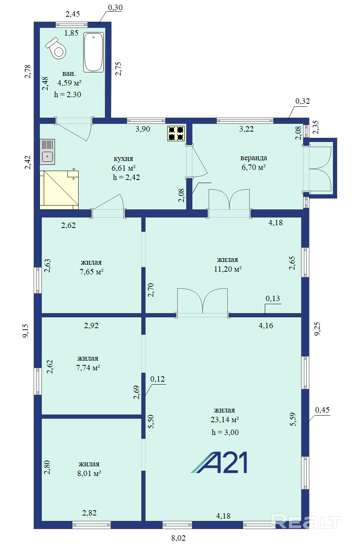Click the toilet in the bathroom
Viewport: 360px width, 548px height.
click(x=56, y=48)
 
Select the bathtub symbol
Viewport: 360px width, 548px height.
click(x=93, y=52)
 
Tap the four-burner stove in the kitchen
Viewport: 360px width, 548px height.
click(x=176, y=134)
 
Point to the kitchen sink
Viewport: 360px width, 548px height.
click(x=47, y=152)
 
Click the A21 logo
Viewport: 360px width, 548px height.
click(x=219, y=462)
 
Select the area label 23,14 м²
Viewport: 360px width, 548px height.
click(x=225, y=420)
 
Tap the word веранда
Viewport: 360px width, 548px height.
click(x=254, y=158)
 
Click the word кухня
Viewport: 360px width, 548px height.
click(x=123, y=159)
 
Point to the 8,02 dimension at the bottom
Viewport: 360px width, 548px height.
click(x=178, y=538)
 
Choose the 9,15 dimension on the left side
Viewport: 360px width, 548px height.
click(x=26, y=331)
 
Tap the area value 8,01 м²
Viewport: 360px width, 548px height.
click(x=89, y=473)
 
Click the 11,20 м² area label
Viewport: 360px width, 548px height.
click(x=228, y=269)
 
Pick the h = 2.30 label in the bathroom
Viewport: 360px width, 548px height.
click(x=67, y=94)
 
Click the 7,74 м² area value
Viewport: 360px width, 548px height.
click(x=88, y=368)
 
